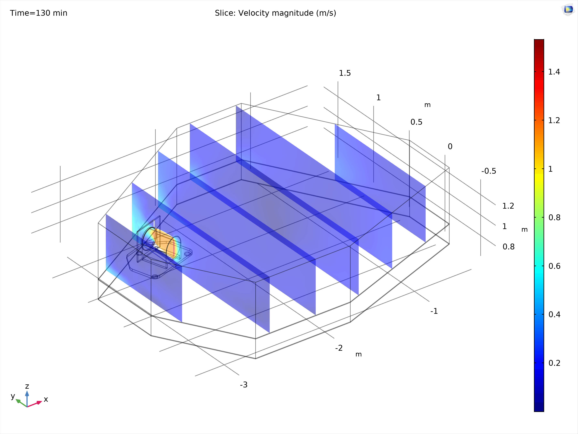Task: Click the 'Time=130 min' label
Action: click(39, 13)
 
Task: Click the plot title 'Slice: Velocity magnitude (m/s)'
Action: click(275, 13)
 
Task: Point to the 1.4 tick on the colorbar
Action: click(554, 72)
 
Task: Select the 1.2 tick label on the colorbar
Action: click(554, 120)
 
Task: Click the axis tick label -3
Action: click(243, 385)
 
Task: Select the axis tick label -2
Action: click(339, 348)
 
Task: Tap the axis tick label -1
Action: click(434, 311)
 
